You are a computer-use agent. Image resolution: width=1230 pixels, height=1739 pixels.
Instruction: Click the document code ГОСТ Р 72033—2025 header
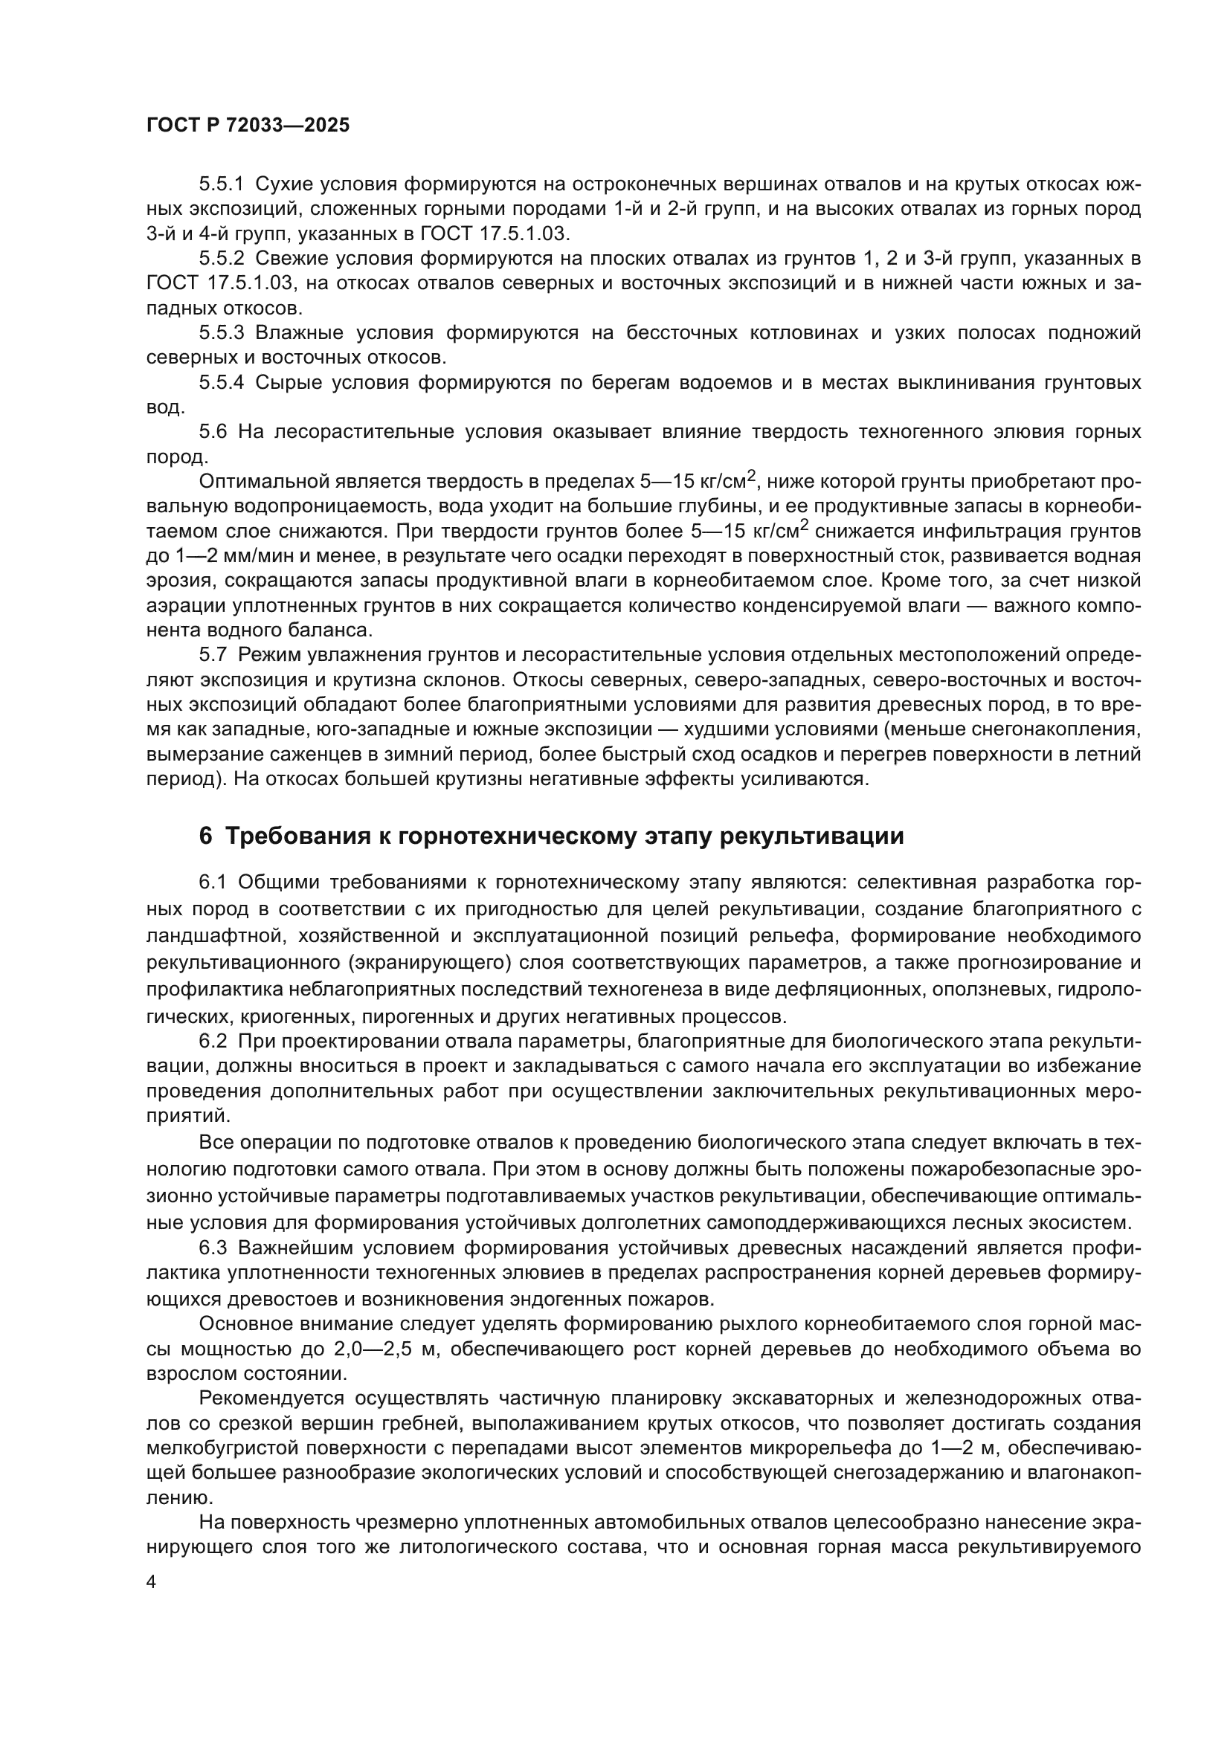(x=248, y=126)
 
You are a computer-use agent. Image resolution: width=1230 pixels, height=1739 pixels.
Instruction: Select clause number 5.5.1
(x=221, y=184)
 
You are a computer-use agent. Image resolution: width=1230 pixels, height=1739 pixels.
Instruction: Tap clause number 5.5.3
(x=221, y=332)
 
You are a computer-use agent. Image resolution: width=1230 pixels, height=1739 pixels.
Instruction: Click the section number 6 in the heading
(x=205, y=836)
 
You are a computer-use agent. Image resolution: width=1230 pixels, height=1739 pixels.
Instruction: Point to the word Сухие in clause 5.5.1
(x=282, y=184)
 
